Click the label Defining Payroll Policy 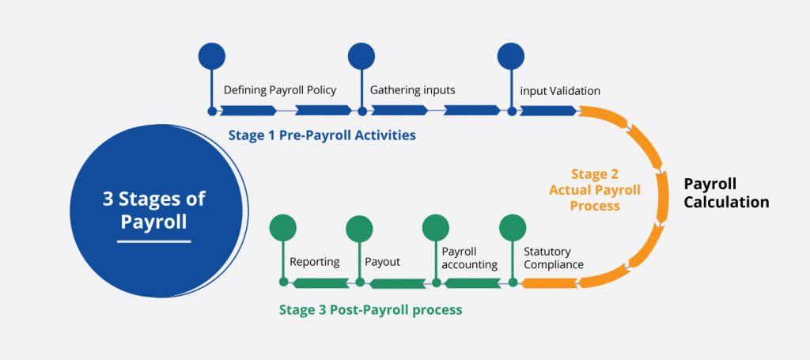(x=280, y=90)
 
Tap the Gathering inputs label (x=412, y=90)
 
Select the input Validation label (x=560, y=91)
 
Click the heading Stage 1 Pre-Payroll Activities (x=322, y=135)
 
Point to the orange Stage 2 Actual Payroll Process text (x=595, y=190)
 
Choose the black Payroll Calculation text (x=726, y=192)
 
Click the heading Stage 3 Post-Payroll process (x=370, y=310)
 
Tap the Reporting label (x=315, y=262)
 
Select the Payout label (x=382, y=262)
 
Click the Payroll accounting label (x=470, y=258)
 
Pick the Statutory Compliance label (x=553, y=258)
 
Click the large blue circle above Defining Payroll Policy (x=212, y=56)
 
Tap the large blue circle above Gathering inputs (x=361, y=56)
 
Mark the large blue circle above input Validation (x=511, y=56)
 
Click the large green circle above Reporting (x=283, y=228)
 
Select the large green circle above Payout (x=360, y=229)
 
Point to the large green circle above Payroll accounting (x=436, y=228)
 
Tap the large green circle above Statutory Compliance (x=513, y=228)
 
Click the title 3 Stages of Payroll (x=154, y=210)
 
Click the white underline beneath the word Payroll (x=154, y=241)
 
